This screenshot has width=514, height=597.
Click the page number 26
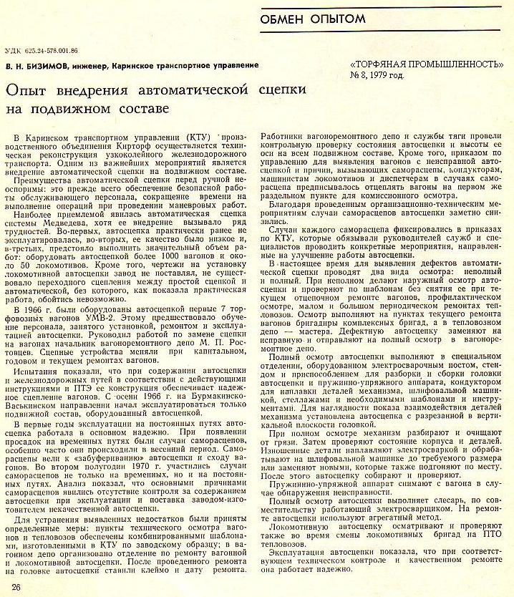point(15,587)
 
